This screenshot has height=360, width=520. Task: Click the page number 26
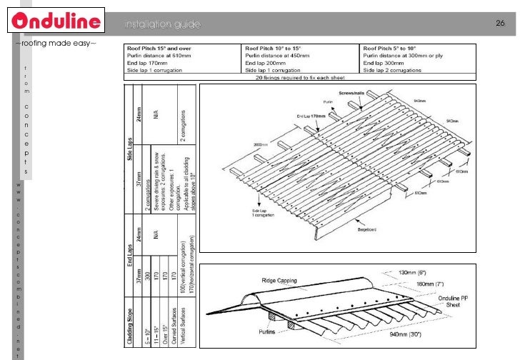501,24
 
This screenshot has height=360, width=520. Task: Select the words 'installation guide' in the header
163,25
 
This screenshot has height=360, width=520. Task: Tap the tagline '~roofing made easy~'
55,44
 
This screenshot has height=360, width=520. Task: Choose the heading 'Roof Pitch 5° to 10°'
391,49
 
